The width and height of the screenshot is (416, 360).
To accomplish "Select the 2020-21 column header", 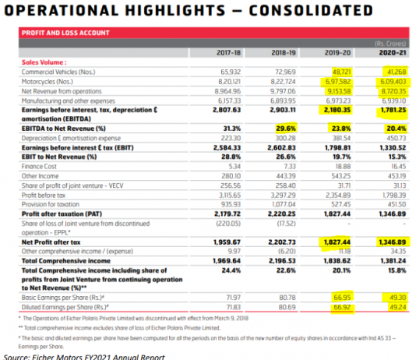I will tap(390, 52).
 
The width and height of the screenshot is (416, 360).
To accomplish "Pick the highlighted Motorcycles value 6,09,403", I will tap(390, 80).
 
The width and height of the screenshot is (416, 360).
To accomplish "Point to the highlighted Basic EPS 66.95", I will tap(343, 298).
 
